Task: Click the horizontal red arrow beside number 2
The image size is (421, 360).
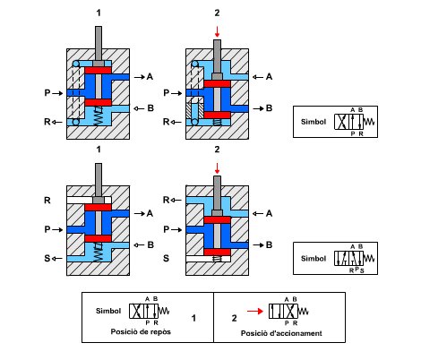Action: click(255, 312)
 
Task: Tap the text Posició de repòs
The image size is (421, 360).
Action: click(141, 332)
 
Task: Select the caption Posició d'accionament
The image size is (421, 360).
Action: click(281, 333)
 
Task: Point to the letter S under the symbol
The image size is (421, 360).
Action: click(362, 271)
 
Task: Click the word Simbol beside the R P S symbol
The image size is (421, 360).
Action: click(314, 258)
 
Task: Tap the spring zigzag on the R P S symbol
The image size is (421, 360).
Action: click(369, 258)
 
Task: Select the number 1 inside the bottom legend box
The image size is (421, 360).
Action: click(193, 318)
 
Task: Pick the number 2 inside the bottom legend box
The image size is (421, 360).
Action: click(234, 318)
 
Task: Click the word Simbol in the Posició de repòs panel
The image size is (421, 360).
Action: click(108, 311)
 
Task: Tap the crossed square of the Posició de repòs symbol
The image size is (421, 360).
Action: click(136, 311)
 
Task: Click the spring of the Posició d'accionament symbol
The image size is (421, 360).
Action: click(303, 312)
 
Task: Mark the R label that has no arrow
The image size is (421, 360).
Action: click(47, 201)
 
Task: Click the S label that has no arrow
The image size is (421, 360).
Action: click(166, 258)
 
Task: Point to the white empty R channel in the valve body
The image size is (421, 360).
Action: click(89, 200)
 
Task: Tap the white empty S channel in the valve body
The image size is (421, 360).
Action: click(208, 259)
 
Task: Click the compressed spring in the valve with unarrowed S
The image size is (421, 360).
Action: click(218, 259)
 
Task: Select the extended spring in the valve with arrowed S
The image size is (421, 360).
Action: click(98, 252)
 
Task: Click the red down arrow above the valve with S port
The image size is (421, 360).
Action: click(217, 168)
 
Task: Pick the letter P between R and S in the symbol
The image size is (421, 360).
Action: click(357, 269)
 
